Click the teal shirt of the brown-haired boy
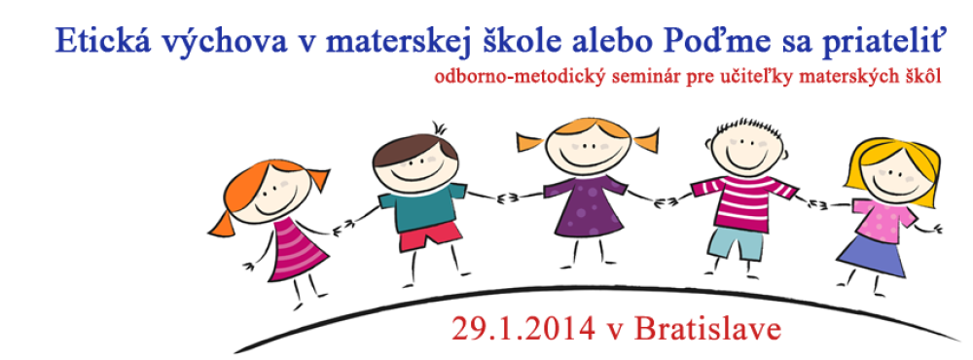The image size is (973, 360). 423,205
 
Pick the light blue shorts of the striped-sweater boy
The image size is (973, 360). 735,242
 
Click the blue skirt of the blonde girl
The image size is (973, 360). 871,255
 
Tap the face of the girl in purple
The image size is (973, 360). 583,149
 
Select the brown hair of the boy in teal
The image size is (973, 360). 414,148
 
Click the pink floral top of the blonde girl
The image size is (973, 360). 883,218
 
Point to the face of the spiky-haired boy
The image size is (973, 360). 749,148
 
